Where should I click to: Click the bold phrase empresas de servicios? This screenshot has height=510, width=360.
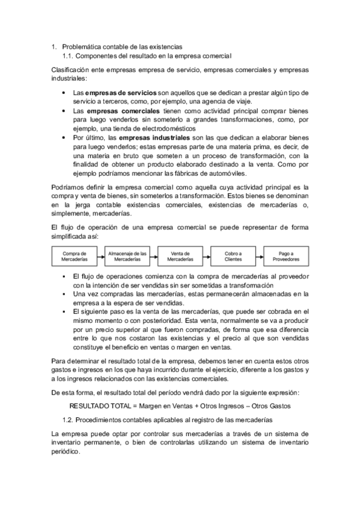[120, 93]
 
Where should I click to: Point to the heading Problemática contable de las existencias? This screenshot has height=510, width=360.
[122, 46]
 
